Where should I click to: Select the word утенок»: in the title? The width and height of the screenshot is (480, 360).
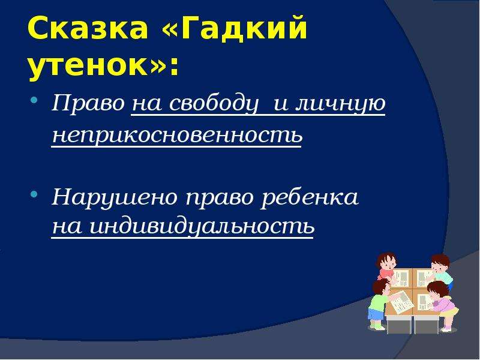[x=103, y=66]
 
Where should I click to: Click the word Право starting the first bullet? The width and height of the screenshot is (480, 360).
[x=88, y=103]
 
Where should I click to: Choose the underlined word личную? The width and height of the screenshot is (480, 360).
[x=340, y=104]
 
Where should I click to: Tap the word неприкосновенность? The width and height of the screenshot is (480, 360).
[x=177, y=135]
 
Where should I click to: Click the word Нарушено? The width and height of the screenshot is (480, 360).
[x=115, y=197]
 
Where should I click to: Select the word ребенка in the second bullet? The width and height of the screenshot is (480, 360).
[x=309, y=197]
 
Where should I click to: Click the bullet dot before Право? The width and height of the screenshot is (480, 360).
[x=34, y=100]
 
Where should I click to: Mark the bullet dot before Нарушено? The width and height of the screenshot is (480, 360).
[x=34, y=194]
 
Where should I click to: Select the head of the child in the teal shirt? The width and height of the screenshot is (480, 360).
[x=440, y=263]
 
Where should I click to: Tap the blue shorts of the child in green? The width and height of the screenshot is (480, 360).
[x=374, y=314]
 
